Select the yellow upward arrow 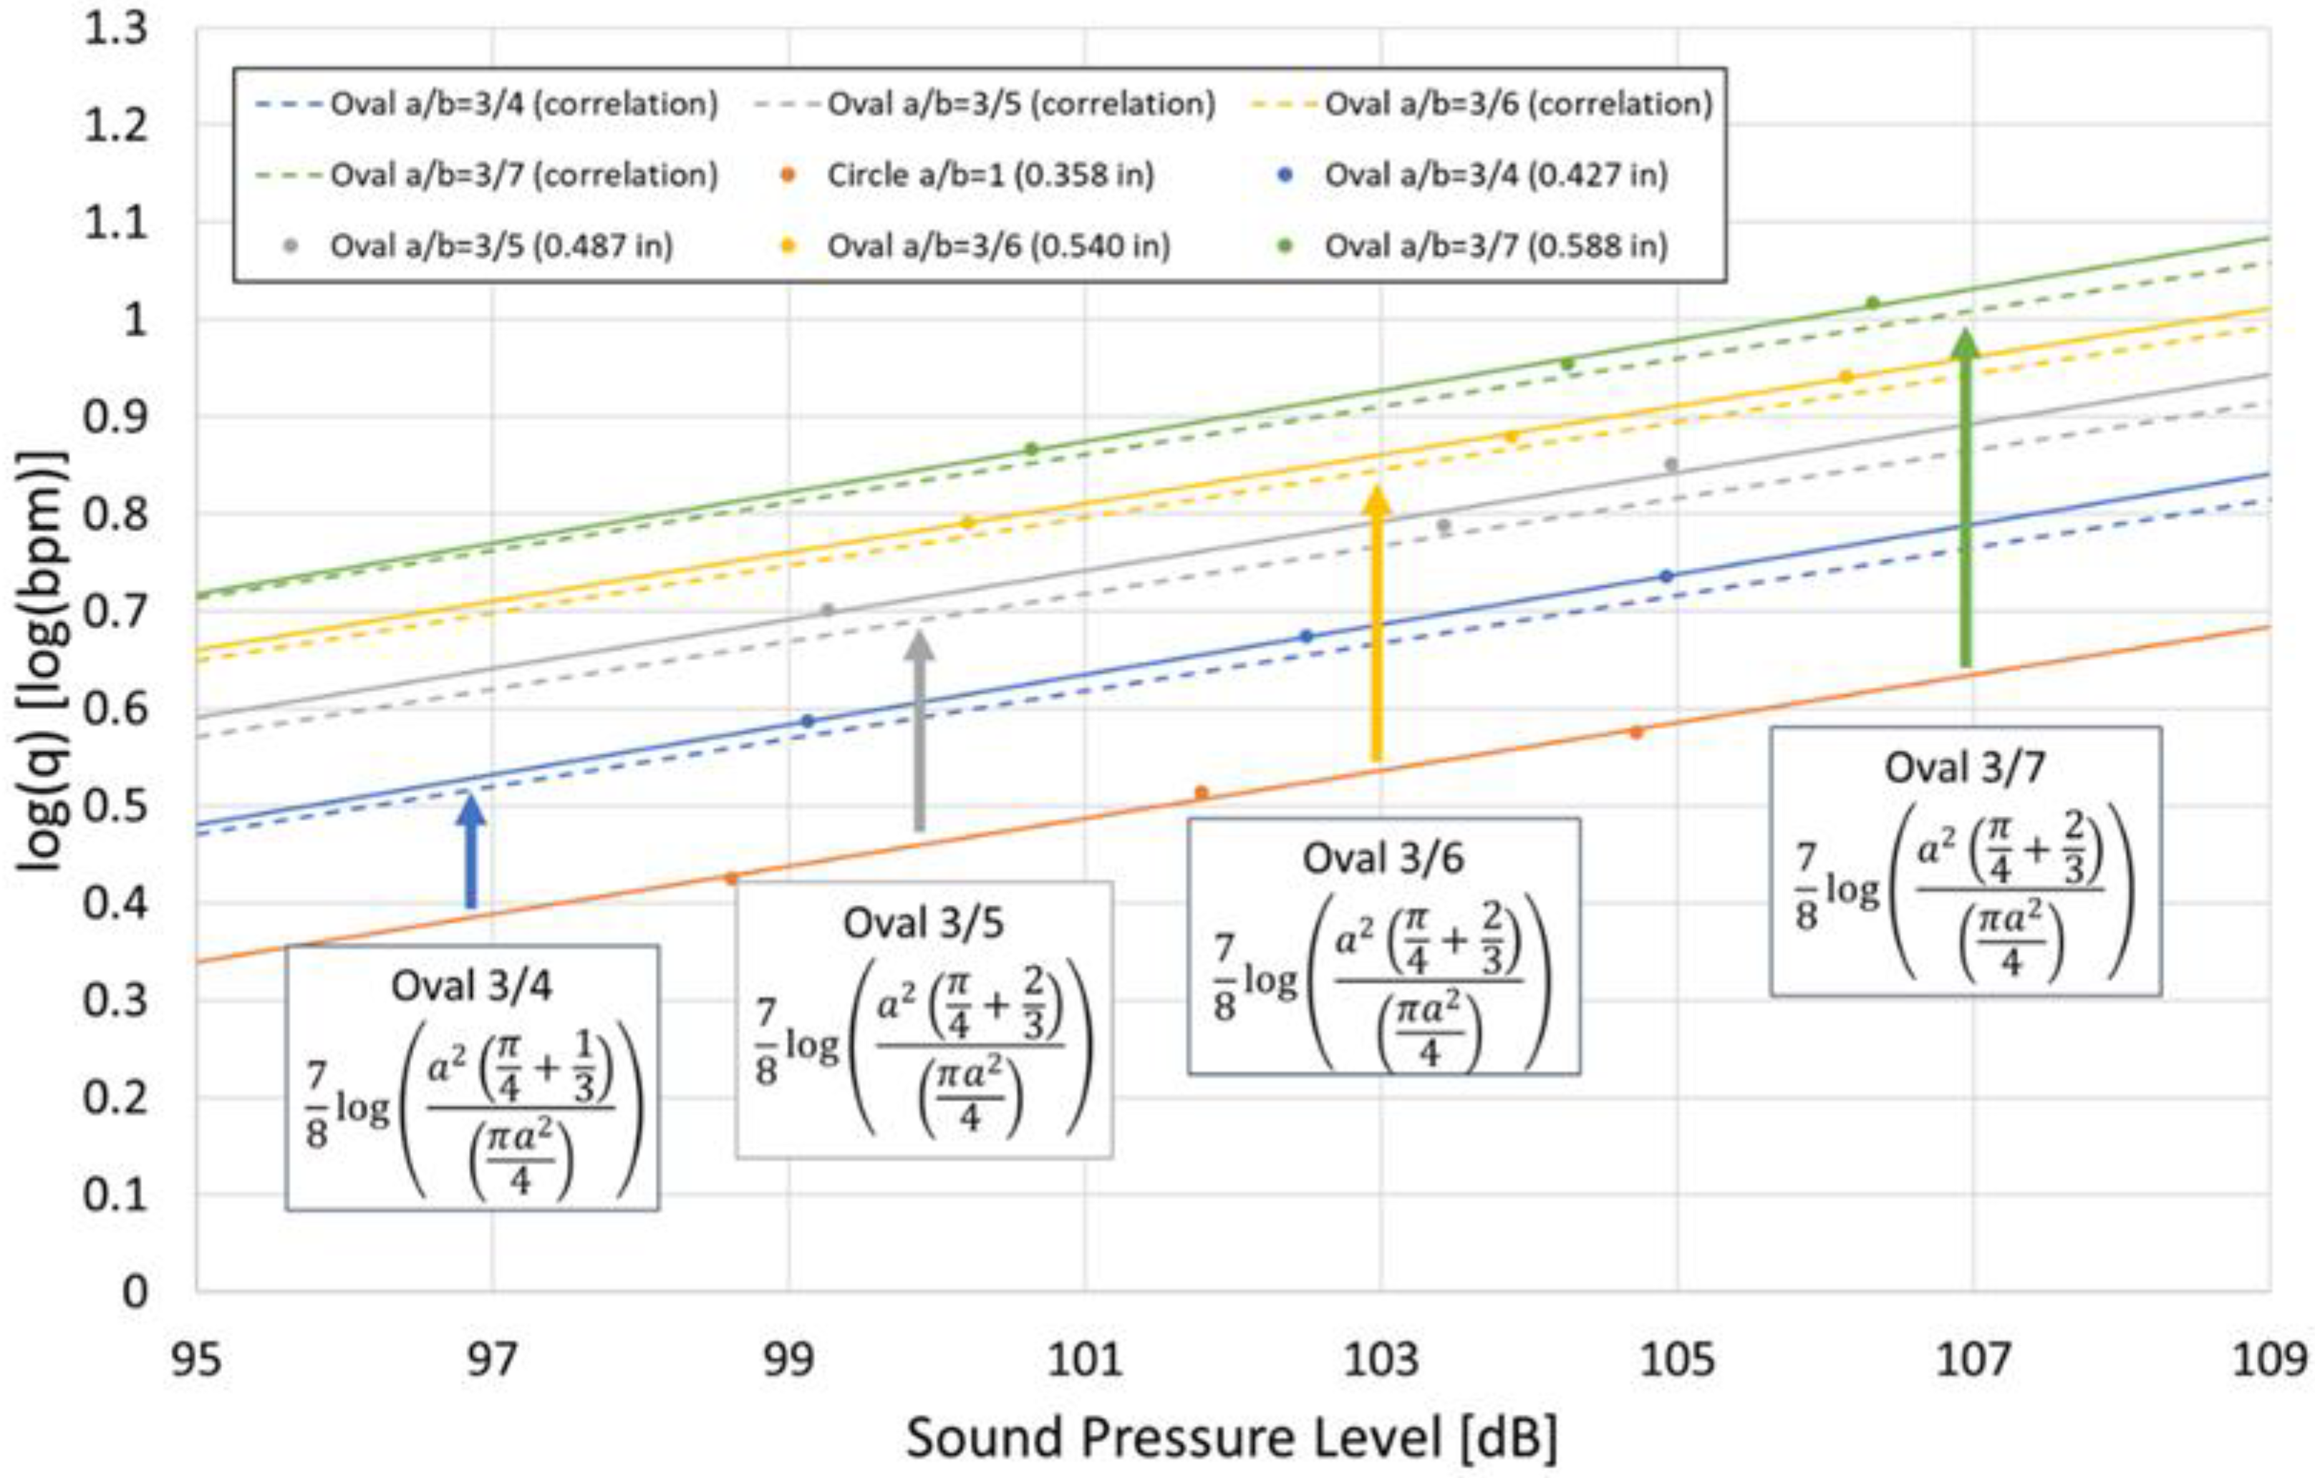coord(1377,625)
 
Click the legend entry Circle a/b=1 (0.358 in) coord(990,175)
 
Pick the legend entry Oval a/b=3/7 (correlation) coord(524,175)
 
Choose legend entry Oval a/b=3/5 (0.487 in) coord(501,246)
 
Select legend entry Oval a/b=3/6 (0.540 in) coord(999,246)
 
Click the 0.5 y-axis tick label coord(115,806)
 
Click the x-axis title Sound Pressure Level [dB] coord(1232,1439)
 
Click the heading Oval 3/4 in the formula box coord(471,987)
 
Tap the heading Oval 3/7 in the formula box coord(1964,768)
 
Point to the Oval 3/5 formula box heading coord(923,923)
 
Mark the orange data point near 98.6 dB coord(730,878)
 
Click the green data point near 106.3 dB coord(1872,303)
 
